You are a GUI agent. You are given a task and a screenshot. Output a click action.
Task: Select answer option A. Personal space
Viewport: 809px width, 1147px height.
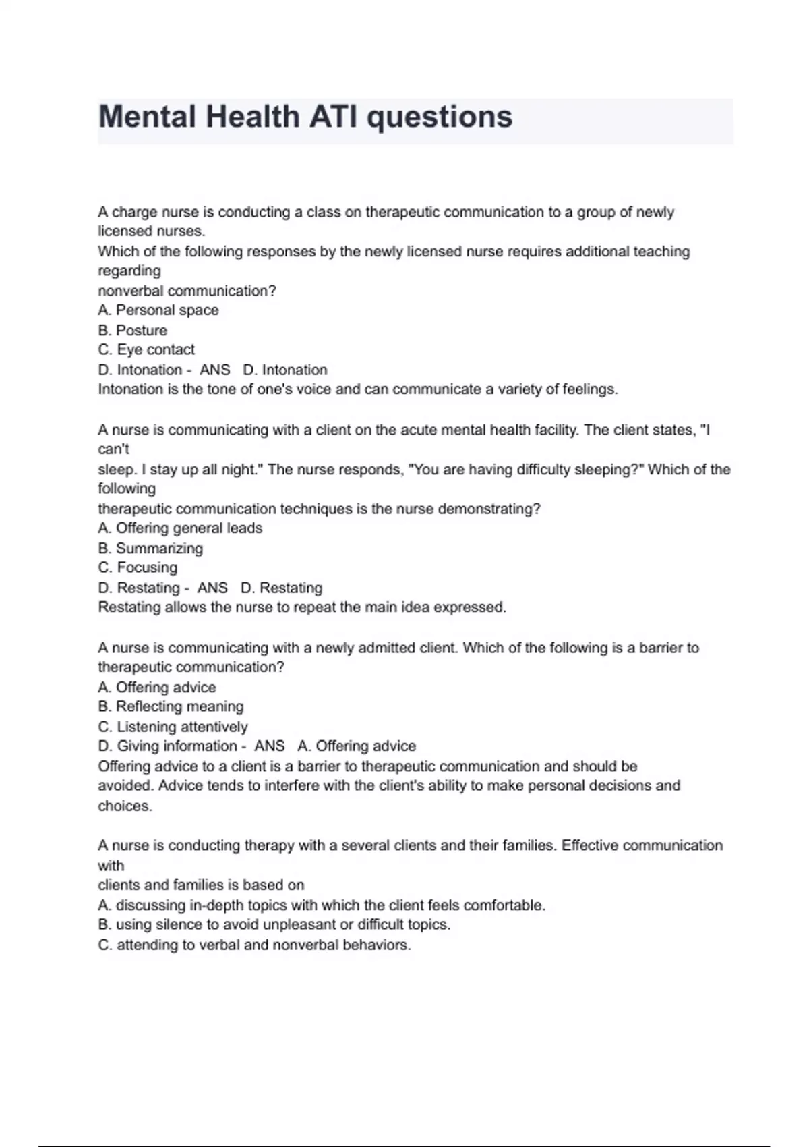(158, 310)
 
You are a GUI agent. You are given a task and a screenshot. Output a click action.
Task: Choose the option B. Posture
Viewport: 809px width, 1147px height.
(133, 331)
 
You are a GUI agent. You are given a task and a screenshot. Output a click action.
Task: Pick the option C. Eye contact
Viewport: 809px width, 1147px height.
(146, 349)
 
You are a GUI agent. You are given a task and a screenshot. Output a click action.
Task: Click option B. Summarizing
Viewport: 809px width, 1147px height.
(150, 548)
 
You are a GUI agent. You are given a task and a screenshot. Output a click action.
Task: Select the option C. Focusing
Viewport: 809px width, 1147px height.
(138, 567)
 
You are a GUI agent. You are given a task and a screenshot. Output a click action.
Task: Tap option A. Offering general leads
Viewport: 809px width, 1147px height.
(180, 528)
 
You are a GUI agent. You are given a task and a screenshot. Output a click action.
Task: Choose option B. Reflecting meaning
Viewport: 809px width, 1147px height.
(171, 706)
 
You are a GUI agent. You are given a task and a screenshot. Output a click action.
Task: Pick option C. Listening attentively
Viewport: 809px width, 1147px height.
(173, 727)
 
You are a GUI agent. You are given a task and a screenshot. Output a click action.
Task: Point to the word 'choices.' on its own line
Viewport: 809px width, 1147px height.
(125, 806)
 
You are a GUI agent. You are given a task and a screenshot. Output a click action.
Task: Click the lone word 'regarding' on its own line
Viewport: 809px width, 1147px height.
(129, 271)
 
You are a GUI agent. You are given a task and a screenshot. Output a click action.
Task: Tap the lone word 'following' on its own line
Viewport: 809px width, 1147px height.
(127, 488)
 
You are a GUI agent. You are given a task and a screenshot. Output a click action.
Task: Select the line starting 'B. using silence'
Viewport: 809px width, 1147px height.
(274, 924)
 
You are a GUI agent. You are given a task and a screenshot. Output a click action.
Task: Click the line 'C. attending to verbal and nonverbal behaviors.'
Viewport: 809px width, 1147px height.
(254, 945)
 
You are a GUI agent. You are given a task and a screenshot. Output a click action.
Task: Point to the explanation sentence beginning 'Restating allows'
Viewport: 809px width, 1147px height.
(302, 607)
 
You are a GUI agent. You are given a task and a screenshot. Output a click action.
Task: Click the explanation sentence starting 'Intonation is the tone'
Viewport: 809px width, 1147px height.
(357, 389)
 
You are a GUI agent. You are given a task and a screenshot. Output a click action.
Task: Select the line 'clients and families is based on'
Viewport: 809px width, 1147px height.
(201, 885)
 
